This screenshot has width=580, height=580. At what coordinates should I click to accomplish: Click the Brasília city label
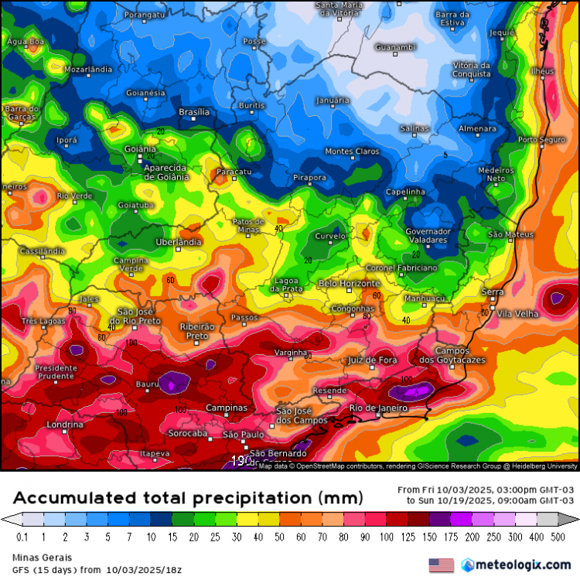(x=194, y=112)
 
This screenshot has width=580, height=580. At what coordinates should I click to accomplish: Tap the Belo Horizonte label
(x=350, y=284)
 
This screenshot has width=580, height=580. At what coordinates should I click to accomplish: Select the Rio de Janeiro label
(x=378, y=408)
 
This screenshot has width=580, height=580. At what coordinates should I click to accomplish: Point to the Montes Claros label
(x=352, y=152)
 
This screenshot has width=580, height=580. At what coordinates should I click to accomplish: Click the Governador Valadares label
(x=428, y=236)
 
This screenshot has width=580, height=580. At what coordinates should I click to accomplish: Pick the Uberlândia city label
(x=179, y=242)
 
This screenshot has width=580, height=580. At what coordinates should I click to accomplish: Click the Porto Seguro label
(x=538, y=140)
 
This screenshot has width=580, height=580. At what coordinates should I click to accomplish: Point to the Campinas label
(x=226, y=408)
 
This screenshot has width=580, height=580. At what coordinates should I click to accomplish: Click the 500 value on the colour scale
(x=558, y=536)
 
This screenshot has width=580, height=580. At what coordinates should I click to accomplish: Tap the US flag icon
(x=441, y=565)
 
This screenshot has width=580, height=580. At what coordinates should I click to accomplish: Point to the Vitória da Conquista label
(x=471, y=70)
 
